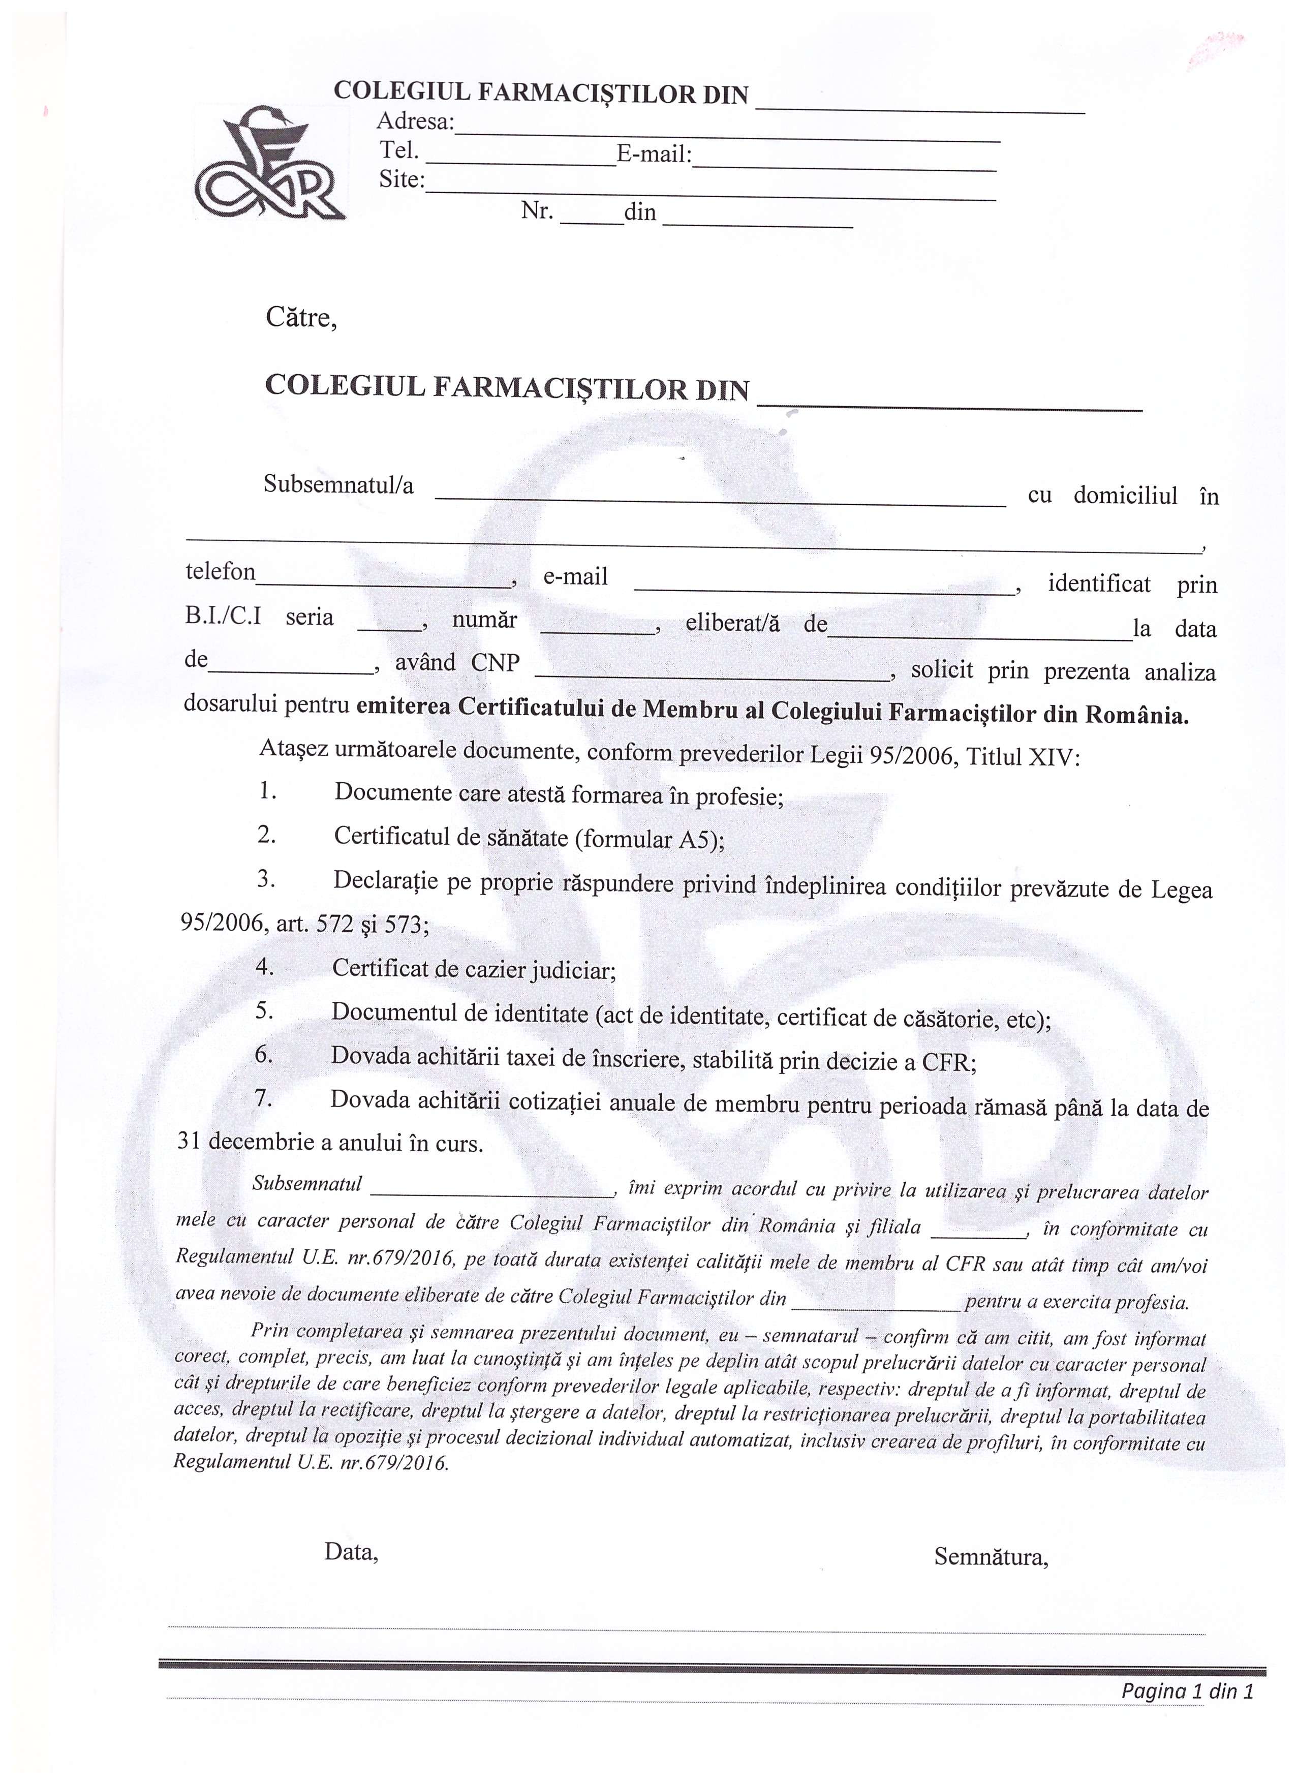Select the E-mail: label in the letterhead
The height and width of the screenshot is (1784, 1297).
(x=654, y=154)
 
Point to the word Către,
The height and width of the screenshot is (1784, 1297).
(x=301, y=318)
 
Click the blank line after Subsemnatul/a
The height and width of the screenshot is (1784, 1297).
(x=720, y=500)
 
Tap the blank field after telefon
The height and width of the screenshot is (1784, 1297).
(x=383, y=583)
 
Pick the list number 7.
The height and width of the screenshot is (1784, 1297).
(x=263, y=1097)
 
